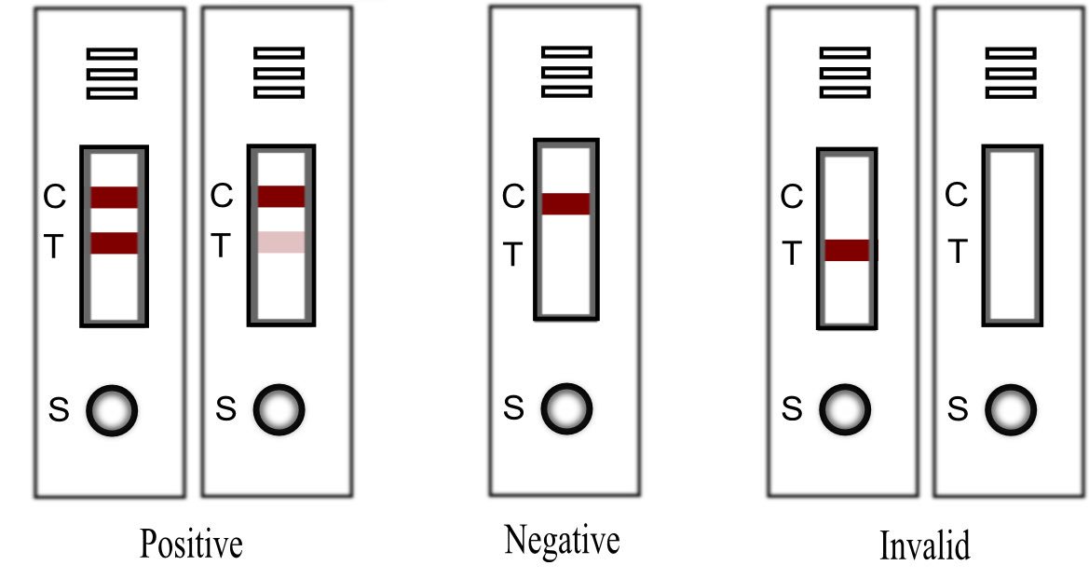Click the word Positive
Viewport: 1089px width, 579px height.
click(x=191, y=545)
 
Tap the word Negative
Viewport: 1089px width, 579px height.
click(x=562, y=540)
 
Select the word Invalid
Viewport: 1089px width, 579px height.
click(x=924, y=545)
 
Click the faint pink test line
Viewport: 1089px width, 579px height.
click(x=281, y=242)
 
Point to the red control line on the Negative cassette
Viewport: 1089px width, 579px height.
click(x=565, y=203)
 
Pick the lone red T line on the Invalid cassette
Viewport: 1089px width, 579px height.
click(x=848, y=250)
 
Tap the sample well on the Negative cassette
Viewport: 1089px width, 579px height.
click(x=567, y=407)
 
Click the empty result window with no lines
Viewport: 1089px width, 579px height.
click(x=1013, y=235)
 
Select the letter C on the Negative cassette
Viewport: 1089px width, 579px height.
click(x=513, y=198)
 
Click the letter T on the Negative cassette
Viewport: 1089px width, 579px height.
click(x=513, y=255)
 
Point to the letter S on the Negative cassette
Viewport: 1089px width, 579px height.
click(x=513, y=407)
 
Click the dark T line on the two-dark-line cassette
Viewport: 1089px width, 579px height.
click(x=115, y=243)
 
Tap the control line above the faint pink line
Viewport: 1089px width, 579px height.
click(x=281, y=196)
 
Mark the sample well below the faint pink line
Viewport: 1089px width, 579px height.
click(x=279, y=408)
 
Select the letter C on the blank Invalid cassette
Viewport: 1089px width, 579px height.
click(x=956, y=196)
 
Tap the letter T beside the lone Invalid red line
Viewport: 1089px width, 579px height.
click(x=791, y=253)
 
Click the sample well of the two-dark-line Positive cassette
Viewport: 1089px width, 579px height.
click(x=112, y=409)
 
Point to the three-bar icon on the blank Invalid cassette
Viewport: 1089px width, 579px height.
click(x=1011, y=72)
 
